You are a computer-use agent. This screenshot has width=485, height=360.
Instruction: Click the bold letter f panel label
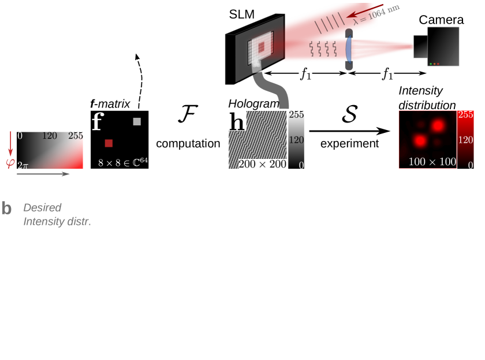(97, 122)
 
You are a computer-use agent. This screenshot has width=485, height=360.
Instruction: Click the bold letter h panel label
(236, 121)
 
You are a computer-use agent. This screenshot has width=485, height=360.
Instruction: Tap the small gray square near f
(137, 121)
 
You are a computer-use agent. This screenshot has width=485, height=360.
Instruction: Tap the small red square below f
(109, 143)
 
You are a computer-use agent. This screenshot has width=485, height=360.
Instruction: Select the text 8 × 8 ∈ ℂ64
(122, 162)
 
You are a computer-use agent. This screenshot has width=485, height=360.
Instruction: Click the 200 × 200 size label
(263, 164)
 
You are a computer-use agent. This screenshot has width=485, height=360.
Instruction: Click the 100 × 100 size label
(432, 162)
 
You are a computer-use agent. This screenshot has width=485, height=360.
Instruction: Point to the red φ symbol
(10, 164)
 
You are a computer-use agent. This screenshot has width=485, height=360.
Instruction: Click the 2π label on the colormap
(23, 165)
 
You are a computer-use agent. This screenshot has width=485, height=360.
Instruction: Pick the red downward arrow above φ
(10, 143)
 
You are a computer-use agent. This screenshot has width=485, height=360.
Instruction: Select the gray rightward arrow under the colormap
(43, 173)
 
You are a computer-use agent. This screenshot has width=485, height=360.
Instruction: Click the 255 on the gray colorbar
(296, 114)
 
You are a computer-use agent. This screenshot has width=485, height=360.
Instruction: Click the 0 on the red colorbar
(471, 165)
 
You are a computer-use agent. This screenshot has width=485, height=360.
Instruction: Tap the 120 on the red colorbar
(465, 140)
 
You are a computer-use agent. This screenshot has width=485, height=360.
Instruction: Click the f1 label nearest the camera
(387, 74)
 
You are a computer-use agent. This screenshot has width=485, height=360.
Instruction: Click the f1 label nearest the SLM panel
(305, 74)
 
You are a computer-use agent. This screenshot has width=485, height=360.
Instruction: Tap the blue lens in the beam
(348, 50)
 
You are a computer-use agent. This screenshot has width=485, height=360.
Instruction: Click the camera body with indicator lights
(443, 46)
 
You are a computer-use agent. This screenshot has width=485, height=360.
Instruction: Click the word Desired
(42, 207)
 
